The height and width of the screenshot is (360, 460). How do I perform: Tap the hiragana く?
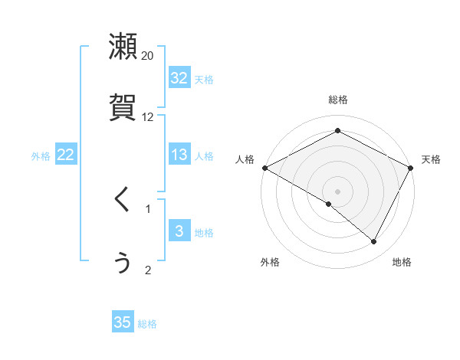pos(123,200)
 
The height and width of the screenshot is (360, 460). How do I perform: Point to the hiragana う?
pos(123,262)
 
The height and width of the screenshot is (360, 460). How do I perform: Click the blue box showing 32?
pos(179,78)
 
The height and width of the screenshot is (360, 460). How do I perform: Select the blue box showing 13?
pos(179,155)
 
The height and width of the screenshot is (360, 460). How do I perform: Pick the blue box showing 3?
pos(179,232)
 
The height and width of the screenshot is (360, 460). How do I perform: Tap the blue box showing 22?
pos(65,155)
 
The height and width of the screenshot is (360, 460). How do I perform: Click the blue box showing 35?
pos(123,322)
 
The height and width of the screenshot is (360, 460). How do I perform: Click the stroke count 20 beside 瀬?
pos(148,55)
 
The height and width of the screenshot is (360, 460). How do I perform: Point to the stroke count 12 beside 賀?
pos(148,117)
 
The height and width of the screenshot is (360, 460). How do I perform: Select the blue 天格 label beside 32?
pos(204,79)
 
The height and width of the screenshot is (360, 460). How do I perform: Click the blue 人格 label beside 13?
pos(204,155)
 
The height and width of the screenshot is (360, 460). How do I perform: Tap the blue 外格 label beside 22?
pos(41,155)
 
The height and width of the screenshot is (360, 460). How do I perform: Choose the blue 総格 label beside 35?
pos(147,323)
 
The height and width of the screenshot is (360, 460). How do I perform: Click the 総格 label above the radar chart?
pos(338,100)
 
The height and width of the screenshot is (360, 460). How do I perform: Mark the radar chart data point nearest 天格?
pos(412,167)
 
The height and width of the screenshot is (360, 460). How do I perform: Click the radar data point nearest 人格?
pos(264,167)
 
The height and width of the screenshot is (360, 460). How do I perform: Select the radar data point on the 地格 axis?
pos(373,242)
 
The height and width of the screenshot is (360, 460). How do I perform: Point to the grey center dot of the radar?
pos(338,191)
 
